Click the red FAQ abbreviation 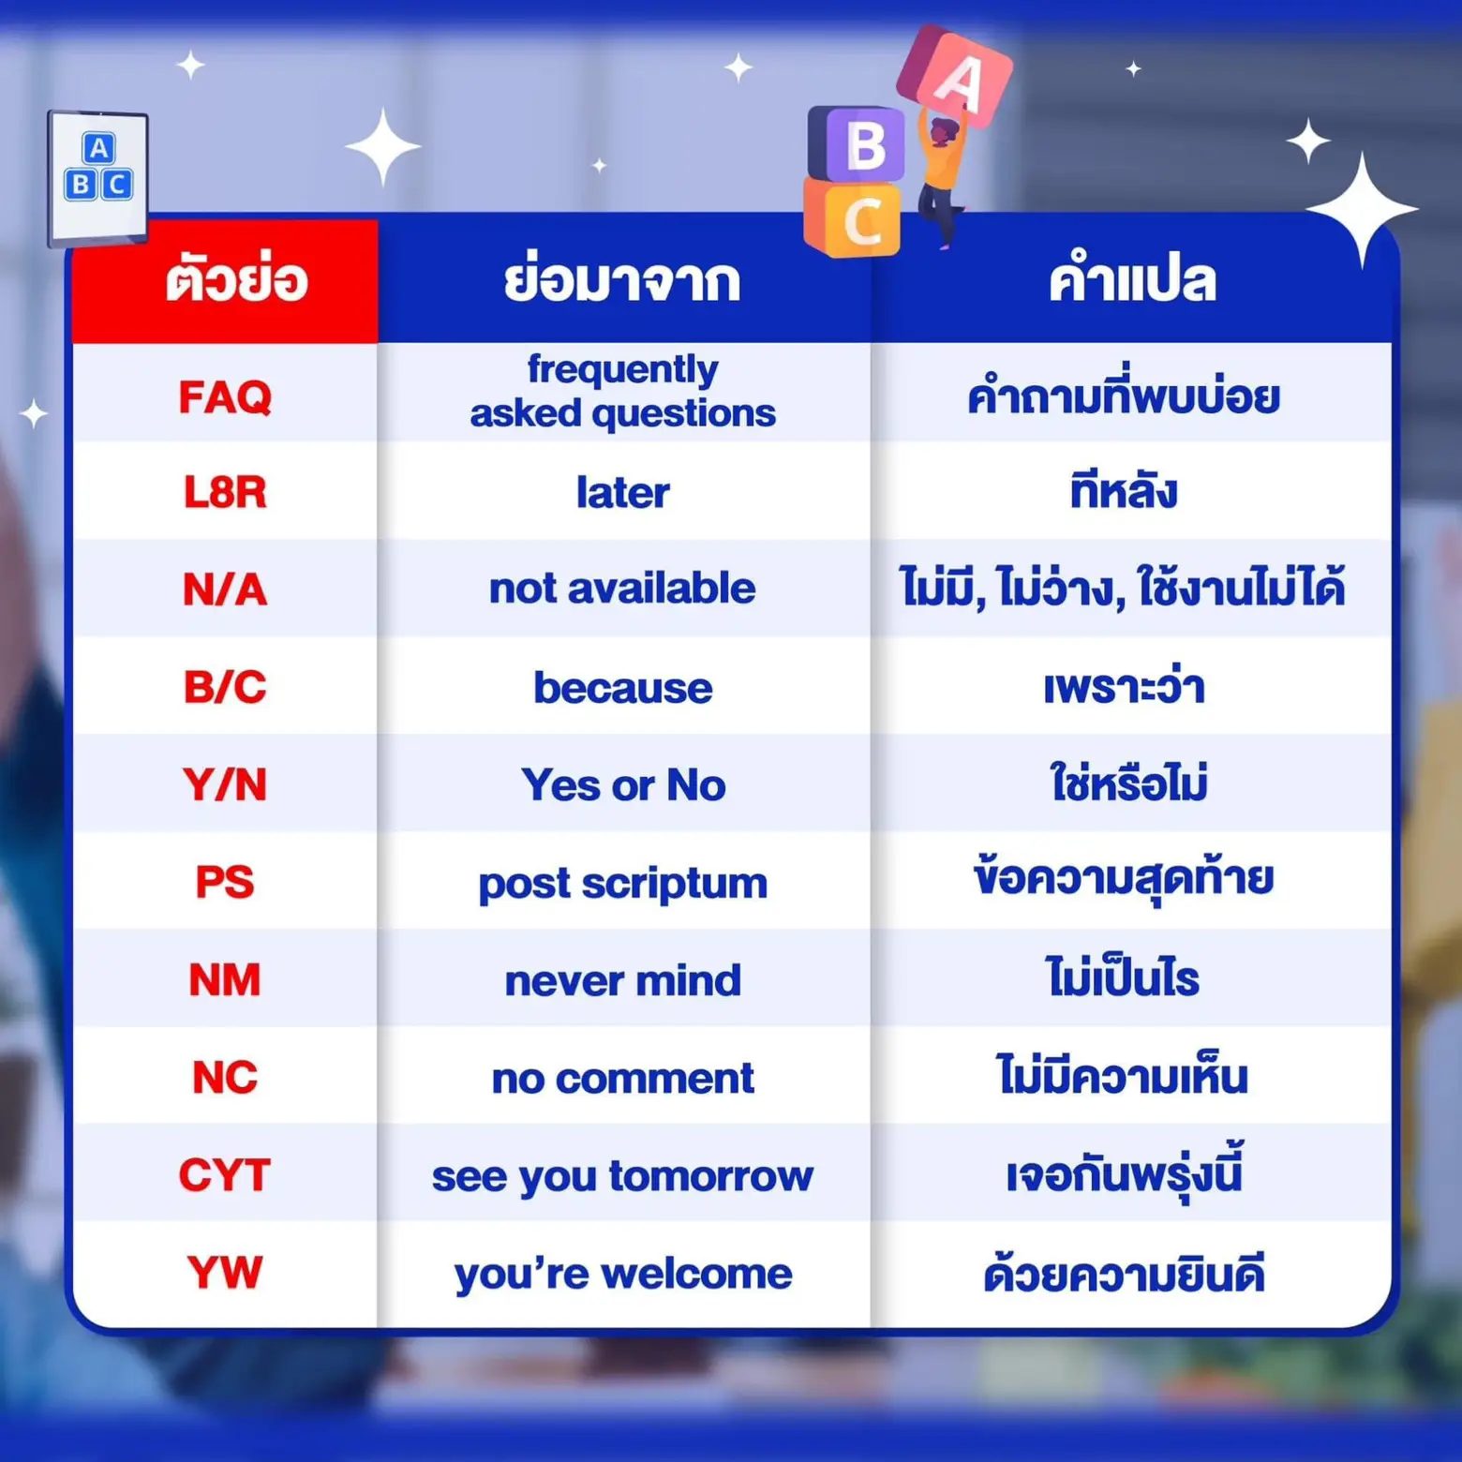(x=225, y=397)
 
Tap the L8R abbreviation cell (x=225, y=493)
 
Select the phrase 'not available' (x=622, y=589)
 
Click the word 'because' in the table (x=622, y=688)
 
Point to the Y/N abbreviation (x=225, y=784)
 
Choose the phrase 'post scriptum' (x=622, y=884)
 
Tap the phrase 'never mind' (x=622, y=980)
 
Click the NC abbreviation (x=225, y=1078)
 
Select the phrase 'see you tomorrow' (x=622, y=1176)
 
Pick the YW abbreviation (x=225, y=1273)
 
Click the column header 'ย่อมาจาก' (x=622, y=280)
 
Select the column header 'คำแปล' (x=1132, y=280)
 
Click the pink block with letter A (x=955, y=77)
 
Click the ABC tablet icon (x=98, y=176)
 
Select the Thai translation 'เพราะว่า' (x=1124, y=688)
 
